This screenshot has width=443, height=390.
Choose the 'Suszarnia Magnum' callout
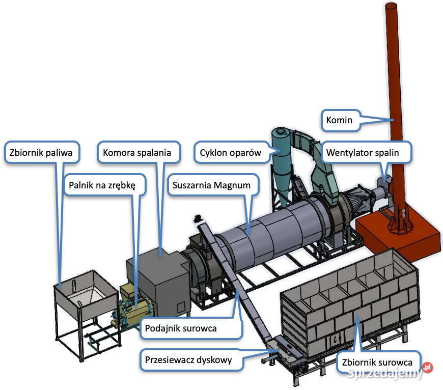click(211, 185)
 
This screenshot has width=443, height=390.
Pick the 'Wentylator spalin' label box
click(363, 151)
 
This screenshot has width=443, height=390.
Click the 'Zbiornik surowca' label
click(377, 363)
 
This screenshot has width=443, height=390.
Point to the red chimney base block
click(397, 234)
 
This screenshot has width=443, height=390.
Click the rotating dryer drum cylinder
click(270, 239)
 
